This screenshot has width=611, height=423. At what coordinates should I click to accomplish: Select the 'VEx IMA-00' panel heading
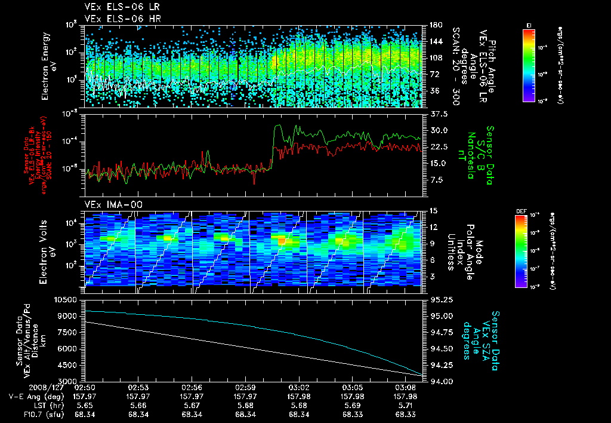[x=109, y=204]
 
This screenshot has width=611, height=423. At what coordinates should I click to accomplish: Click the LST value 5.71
[x=408, y=404]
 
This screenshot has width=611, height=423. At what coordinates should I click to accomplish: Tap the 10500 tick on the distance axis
[x=67, y=299]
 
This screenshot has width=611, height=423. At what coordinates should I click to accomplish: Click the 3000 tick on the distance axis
[x=69, y=381]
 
